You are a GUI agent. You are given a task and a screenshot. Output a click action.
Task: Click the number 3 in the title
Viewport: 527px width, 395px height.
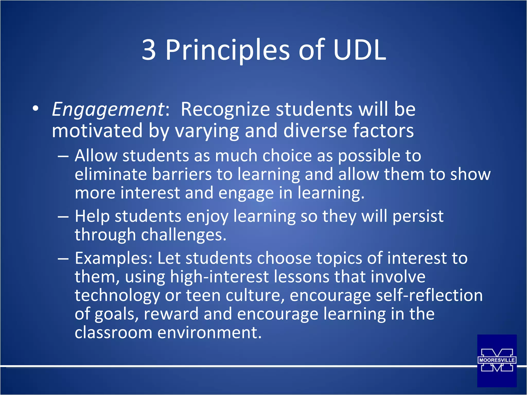pyautogui.click(x=149, y=50)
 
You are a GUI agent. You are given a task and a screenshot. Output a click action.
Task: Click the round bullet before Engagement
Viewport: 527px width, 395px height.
pyautogui.click(x=36, y=109)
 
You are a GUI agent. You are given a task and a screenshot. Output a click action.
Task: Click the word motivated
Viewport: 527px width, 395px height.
pyautogui.click(x=97, y=131)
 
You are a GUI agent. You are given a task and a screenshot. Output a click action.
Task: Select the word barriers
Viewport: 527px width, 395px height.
pyautogui.click(x=182, y=175)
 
